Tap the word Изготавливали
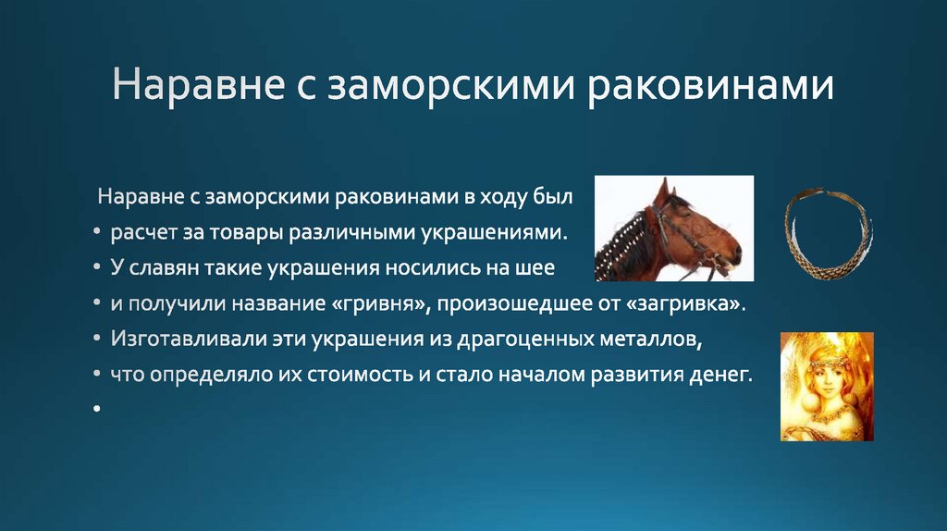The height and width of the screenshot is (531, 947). (x=176, y=340)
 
